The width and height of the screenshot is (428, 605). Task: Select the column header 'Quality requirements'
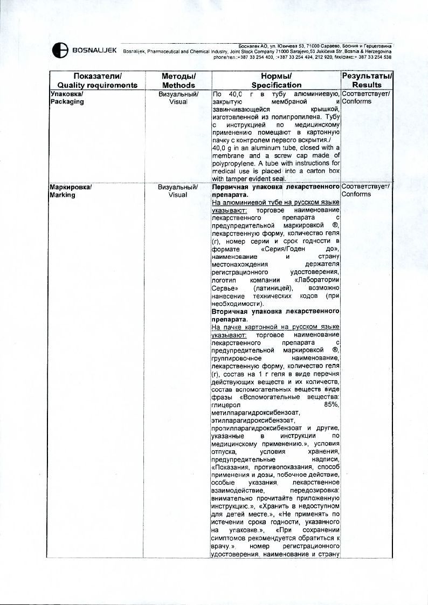(97, 85)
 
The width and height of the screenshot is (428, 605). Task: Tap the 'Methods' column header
(178, 85)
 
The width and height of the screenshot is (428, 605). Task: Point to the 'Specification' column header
(277, 85)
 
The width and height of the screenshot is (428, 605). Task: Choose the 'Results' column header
(367, 85)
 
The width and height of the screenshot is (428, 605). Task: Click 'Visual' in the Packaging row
(178, 102)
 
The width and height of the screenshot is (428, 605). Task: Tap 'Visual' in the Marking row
(178, 195)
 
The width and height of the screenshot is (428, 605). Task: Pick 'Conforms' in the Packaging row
(356, 102)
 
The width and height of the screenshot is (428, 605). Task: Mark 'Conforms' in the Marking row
(356, 195)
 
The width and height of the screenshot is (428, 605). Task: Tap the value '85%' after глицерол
(330, 405)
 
